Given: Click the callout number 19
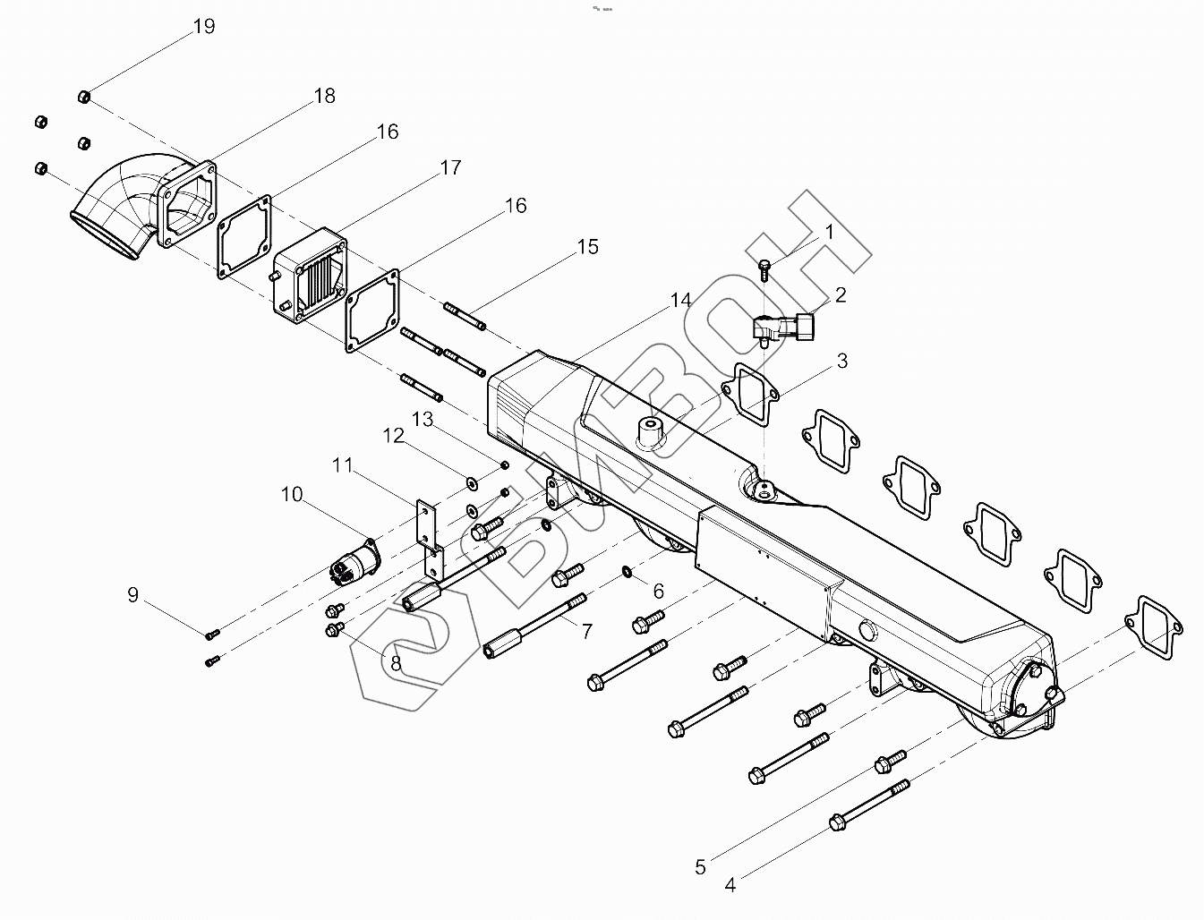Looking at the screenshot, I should click(204, 27).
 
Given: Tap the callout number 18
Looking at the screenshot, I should click(324, 96).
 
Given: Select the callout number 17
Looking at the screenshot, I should click(450, 167).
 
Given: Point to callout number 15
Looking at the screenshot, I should click(587, 247).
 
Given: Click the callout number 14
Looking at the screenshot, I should click(681, 300).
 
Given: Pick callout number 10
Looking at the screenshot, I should click(292, 494).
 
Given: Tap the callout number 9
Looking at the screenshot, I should click(133, 594).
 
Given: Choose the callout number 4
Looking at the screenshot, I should click(730, 886).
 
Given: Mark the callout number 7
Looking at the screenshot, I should click(587, 632).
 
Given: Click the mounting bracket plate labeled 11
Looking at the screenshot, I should click(431, 537).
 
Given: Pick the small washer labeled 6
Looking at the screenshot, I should click(629, 571).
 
